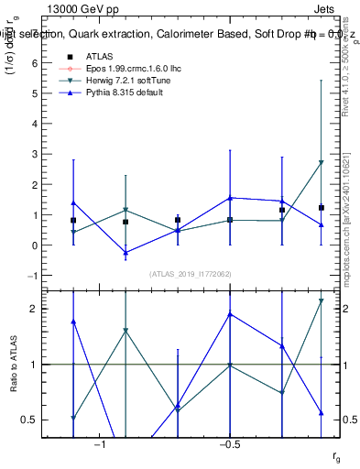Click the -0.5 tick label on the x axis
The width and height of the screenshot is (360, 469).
(x=229, y=445)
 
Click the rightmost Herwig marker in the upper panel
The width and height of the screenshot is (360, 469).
(x=321, y=162)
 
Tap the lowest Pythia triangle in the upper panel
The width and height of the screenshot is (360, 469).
(x=125, y=253)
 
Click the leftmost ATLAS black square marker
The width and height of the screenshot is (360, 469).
(x=73, y=221)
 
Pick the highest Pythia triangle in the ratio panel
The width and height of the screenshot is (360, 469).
(x=230, y=314)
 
